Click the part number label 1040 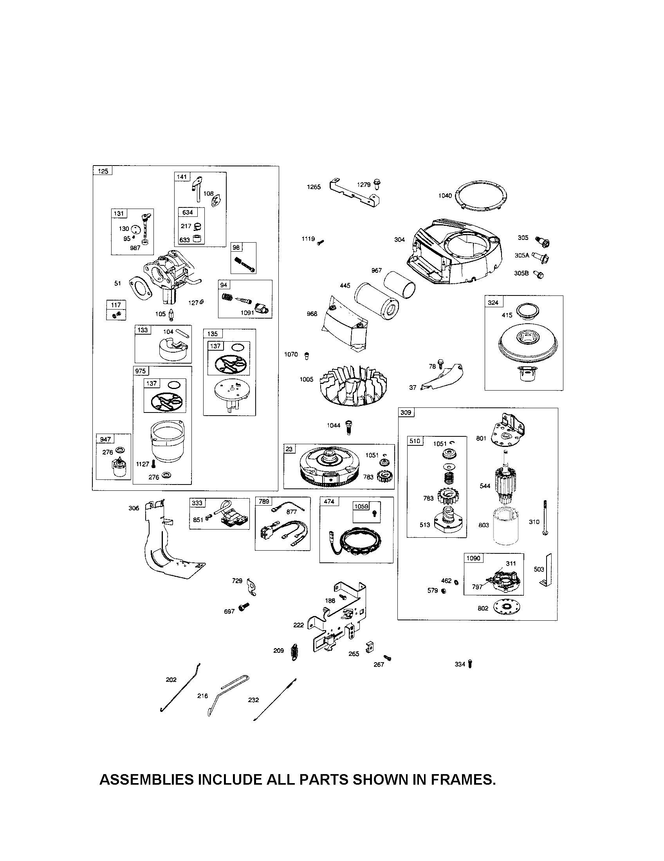pyautogui.click(x=445, y=196)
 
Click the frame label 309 pyautogui.click(x=406, y=412)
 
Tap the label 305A pyautogui.click(x=521, y=256)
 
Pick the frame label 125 pyautogui.click(x=103, y=171)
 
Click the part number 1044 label pyautogui.click(x=334, y=425)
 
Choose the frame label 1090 pyautogui.click(x=473, y=558)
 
